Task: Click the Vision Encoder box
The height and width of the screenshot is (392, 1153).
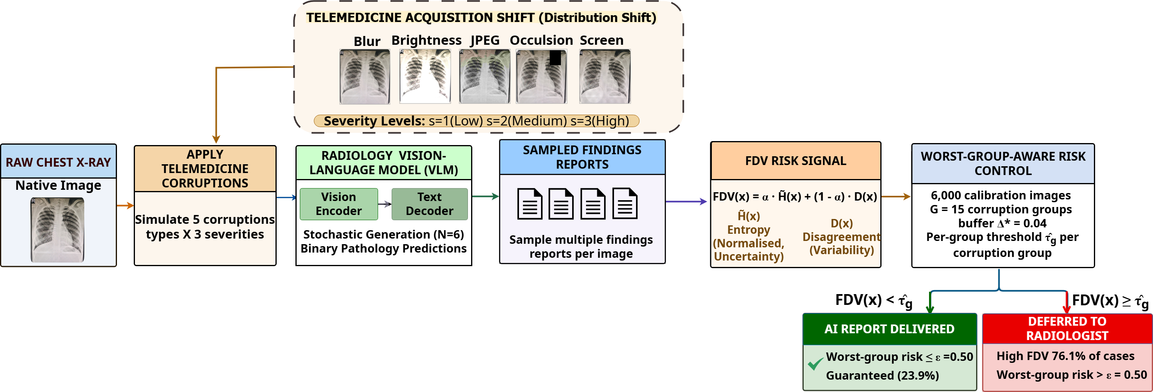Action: (x=339, y=204)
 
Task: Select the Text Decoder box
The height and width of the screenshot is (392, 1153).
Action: (x=430, y=204)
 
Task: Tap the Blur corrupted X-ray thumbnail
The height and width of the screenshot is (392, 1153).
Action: (x=365, y=77)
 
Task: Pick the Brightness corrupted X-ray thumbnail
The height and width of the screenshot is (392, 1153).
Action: (x=425, y=77)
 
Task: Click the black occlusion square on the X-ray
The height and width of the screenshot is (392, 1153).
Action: (x=555, y=58)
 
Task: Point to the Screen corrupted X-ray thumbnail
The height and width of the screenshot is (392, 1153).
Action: (x=605, y=77)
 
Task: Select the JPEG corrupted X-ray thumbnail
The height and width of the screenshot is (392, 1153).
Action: (x=485, y=77)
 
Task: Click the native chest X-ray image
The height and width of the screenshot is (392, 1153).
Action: (x=57, y=230)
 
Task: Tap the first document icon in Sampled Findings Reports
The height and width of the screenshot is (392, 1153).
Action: (x=530, y=204)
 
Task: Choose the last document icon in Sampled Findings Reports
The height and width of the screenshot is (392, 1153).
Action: (x=625, y=204)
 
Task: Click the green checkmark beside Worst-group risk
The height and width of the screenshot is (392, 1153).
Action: (x=816, y=363)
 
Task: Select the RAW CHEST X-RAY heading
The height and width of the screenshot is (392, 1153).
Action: (x=58, y=162)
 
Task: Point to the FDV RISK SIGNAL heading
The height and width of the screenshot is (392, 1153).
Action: (x=795, y=161)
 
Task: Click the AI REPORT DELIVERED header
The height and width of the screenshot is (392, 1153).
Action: (x=890, y=329)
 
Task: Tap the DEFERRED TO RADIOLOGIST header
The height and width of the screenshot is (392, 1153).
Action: (x=1067, y=328)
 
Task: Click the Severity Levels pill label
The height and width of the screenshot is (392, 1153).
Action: (x=477, y=121)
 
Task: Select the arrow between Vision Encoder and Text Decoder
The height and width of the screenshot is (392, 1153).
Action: (x=385, y=204)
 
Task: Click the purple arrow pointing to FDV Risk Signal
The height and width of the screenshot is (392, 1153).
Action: (x=686, y=202)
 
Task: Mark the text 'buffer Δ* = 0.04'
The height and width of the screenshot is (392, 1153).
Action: (x=1002, y=223)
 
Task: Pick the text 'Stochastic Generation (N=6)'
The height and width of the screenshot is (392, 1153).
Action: (x=384, y=234)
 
